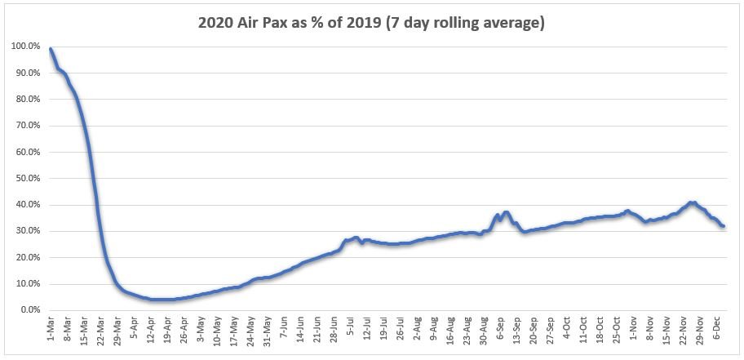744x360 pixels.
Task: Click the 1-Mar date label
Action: click(51, 328)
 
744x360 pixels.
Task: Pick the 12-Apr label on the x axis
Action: click(151, 330)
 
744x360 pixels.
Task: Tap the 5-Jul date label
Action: click(351, 327)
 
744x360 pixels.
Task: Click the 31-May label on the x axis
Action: click(268, 330)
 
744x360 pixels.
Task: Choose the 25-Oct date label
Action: click(618, 330)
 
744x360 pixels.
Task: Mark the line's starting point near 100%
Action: click(51, 48)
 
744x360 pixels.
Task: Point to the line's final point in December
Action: click(723, 226)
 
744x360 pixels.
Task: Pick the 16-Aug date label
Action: click(451, 330)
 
